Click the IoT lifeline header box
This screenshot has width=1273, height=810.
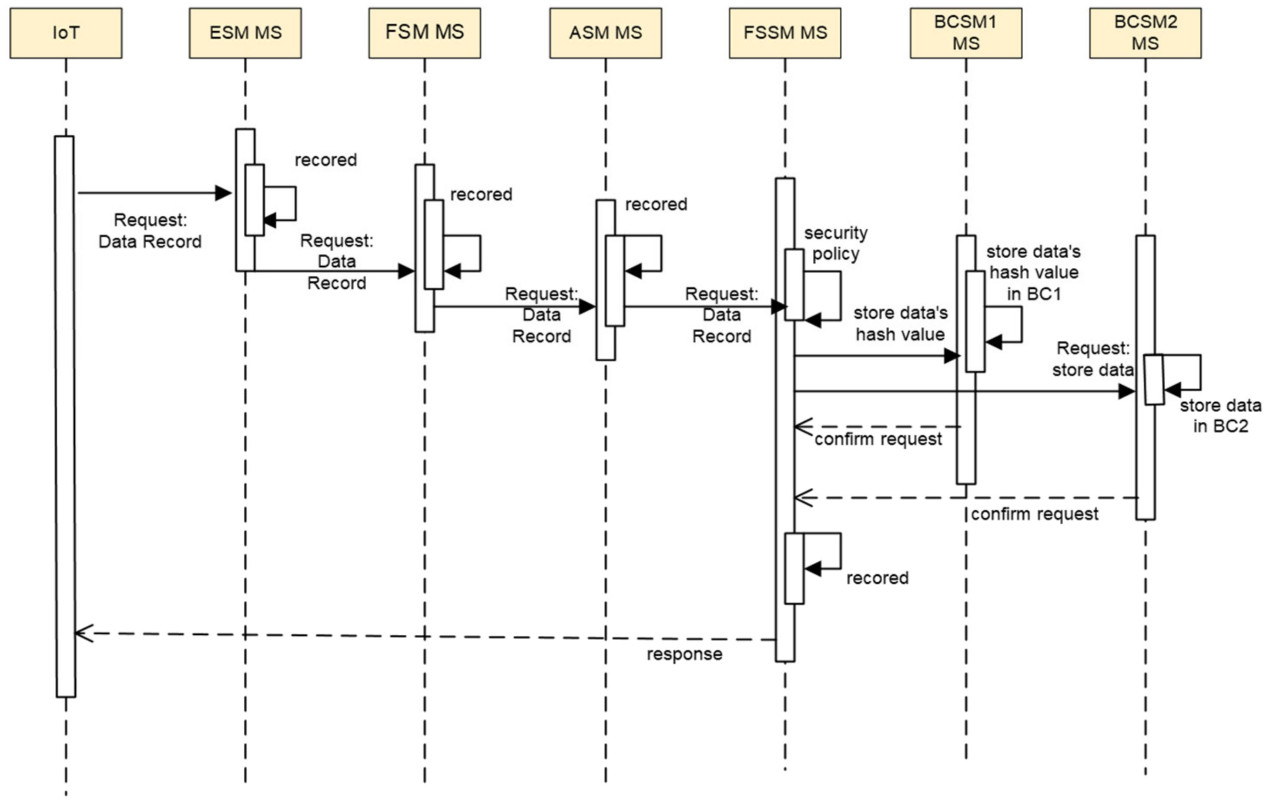click(66, 33)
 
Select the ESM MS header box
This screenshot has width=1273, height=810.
click(245, 33)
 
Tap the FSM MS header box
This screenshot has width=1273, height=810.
click(425, 33)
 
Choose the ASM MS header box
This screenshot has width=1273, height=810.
click(605, 33)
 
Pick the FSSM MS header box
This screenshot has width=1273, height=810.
click(785, 33)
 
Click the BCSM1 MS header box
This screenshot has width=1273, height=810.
click(966, 33)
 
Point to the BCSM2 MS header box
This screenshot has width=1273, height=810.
click(1145, 33)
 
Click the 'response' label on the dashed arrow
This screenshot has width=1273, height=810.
click(684, 654)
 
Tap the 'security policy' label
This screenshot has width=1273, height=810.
click(835, 243)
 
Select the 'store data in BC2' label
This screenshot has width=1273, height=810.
click(1220, 416)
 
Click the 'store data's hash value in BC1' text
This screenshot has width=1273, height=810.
click(1034, 272)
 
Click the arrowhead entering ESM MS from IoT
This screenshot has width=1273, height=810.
click(224, 193)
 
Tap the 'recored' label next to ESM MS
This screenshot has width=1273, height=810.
click(326, 160)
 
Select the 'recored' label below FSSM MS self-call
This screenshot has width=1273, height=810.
click(877, 578)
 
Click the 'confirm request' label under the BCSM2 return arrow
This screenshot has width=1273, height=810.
click(1035, 513)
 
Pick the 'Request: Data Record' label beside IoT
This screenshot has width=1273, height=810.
click(150, 231)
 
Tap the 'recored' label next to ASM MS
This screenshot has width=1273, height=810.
click(656, 204)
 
